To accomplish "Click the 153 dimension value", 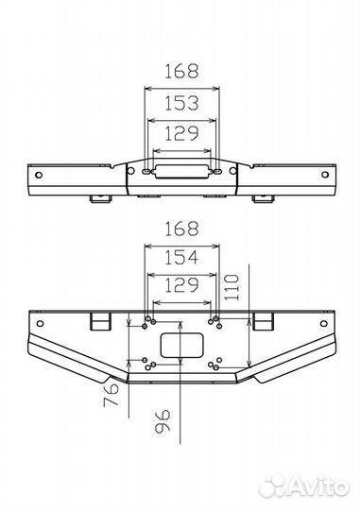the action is (181, 103).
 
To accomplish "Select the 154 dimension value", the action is (181, 258).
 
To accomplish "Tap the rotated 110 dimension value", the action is (231, 287).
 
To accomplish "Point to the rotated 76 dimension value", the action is (111, 395).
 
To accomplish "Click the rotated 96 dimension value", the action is (163, 421).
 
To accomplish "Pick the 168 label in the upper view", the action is (181, 72).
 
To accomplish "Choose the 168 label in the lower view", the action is (181, 229).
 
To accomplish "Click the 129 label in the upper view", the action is (181, 133).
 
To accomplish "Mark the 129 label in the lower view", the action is (181, 285).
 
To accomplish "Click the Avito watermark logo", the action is (303, 487).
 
